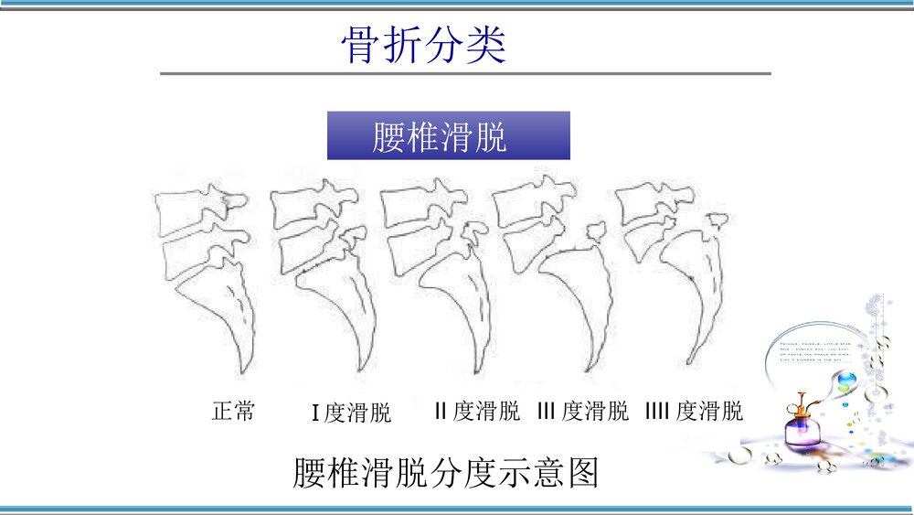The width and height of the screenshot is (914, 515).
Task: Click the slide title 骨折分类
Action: point(423,45)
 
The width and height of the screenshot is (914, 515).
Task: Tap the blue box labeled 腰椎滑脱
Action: point(448,136)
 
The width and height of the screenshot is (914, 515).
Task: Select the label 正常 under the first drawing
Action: point(233,411)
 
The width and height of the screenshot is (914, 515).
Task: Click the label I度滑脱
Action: point(351,413)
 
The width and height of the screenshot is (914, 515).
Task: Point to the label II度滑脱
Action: point(477,411)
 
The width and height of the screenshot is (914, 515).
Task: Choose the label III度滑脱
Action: point(583,411)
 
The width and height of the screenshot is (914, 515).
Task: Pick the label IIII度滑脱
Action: point(694,411)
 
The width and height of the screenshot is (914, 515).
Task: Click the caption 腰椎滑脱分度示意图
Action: point(445,473)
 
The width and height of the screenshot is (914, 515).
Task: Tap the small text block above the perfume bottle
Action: point(813,352)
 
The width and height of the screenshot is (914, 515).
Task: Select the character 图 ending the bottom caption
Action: point(582,473)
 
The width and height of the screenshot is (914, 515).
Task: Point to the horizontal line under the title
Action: point(465,73)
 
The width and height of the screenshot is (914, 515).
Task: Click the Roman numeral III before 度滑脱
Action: point(547,411)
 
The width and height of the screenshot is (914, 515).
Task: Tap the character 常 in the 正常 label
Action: point(244,411)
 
